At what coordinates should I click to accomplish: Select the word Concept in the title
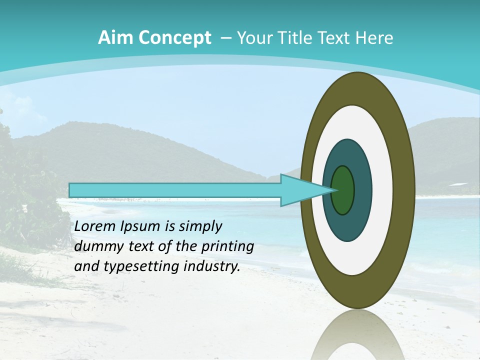[x=174, y=38]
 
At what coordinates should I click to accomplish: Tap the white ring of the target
[x=382, y=190]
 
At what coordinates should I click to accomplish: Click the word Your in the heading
[x=254, y=38]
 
